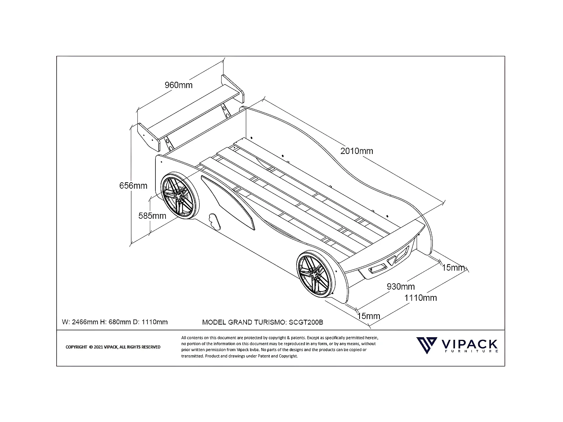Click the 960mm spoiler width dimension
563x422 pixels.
point(178,85)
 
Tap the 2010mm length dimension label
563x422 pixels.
point(357,151)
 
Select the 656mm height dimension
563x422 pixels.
point(133,186)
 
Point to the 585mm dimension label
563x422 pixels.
point(152,216)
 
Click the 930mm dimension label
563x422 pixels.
point(401,287)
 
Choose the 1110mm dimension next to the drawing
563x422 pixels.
point(420,298)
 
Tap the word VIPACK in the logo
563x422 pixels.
point(470,344)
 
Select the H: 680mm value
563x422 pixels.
point(117,322)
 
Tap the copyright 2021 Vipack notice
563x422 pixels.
point(113,347)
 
